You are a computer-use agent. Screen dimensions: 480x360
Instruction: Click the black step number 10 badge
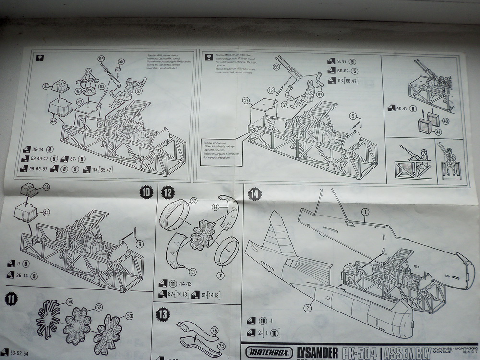(x=146, y=193)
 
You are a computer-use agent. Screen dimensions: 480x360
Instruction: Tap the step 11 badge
(x=11, y=299)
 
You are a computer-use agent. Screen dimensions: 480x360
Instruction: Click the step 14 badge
(x=254, y=194)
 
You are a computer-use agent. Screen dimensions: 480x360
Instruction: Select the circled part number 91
(x=220, y=276)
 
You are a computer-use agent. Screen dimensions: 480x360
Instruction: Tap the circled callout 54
(x=70, y=301)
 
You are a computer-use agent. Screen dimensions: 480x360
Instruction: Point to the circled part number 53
(x=129, y=316)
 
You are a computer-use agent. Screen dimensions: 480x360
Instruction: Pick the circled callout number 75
(x=214, y=330)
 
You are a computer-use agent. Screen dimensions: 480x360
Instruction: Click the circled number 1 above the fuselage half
(x=365, y=211)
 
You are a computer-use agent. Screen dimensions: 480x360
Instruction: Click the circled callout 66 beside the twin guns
(x=276, y=67)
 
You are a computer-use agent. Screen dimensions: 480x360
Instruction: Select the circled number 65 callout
(x=101, y=59)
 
